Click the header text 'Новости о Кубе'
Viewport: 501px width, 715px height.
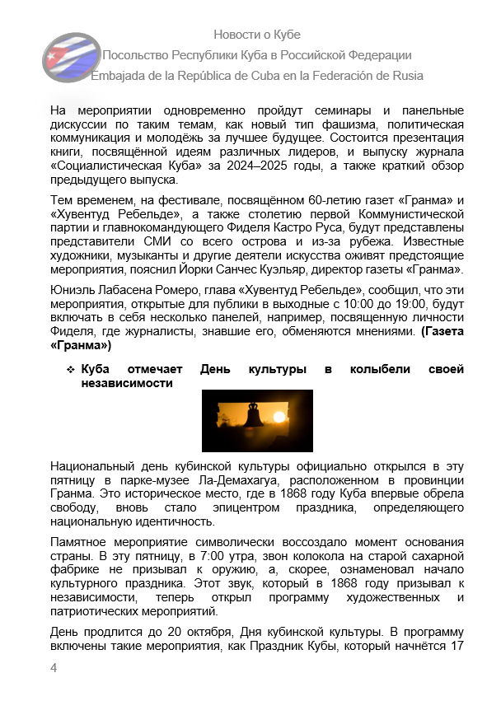(256, 35)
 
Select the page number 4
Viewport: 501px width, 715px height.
(54, 667)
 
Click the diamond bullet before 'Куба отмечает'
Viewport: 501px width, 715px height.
(71, 370)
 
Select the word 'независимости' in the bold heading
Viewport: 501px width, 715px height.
(127, 383)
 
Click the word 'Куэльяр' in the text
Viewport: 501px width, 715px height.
(378, 269)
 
